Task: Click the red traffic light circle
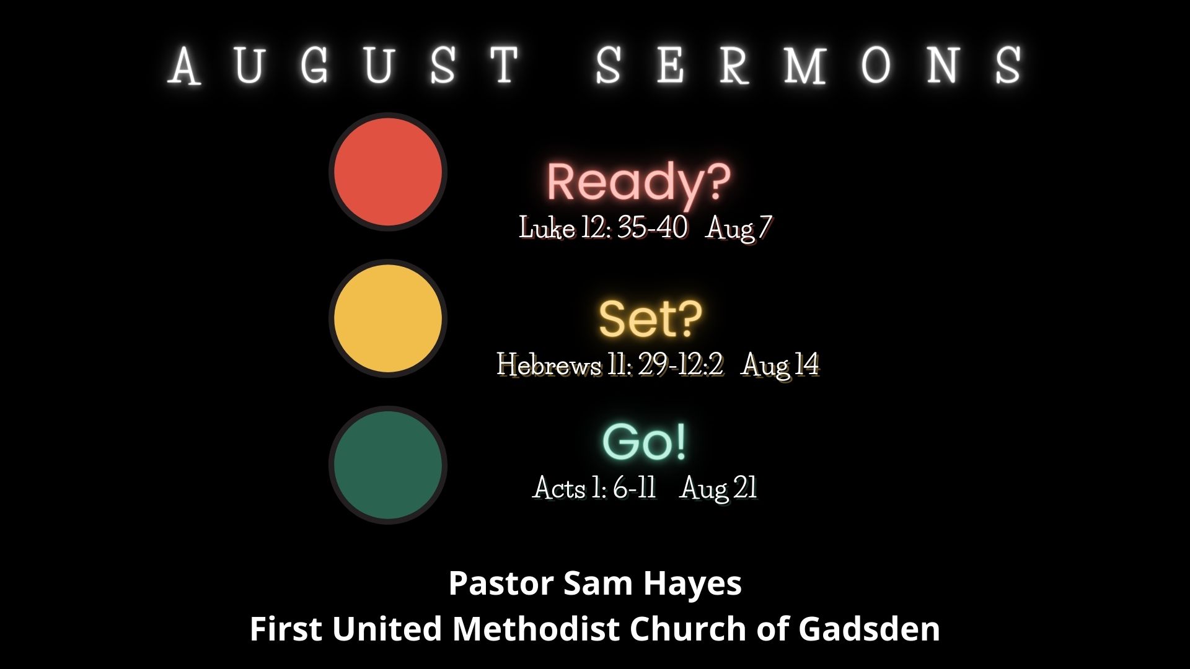[x=388, y=172]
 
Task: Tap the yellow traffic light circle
[x=388, y=318]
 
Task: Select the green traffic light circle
[x=388, y=465]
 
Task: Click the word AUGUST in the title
[x=345, y=64]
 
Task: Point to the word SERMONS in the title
[x=809, y=64]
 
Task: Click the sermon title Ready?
[x=638, y=181]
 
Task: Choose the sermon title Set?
[x=650, y=318]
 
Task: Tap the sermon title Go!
[x=645, y=442]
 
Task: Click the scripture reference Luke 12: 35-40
[x=603, y=228]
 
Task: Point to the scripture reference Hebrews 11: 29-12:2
[x=610, y=365]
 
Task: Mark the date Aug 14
[x=781, y=365]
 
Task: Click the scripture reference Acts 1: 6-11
[x=594, y=488]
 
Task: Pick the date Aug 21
[x=719, y=489]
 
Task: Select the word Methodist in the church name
[x=537, y=629]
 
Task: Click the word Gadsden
[x=869, y=629]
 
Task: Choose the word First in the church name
[x=286, y=629]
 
